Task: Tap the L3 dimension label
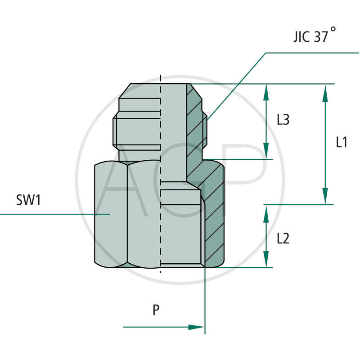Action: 283,120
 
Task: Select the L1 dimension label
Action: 342,142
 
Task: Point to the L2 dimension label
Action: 283,238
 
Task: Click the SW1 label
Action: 28,200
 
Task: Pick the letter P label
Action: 156,310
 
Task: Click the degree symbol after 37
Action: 333,29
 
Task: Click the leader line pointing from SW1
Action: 54,214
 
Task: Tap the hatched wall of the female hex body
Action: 214,216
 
